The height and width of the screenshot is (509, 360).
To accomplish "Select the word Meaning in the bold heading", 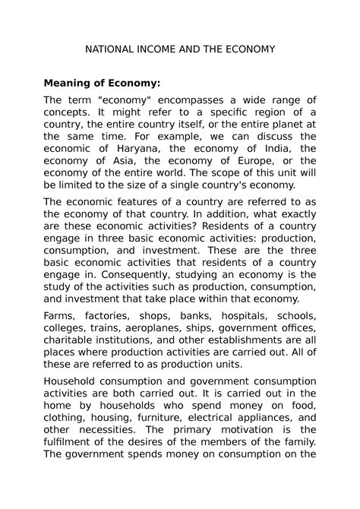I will click(72, 83).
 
